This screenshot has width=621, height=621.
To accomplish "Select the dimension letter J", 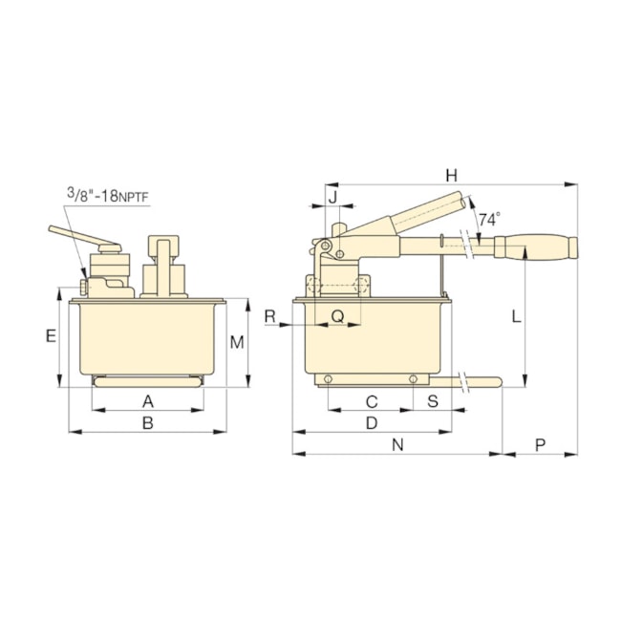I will (x=332, y=197).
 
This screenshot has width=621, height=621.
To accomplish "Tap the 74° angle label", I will (x=488, y=219).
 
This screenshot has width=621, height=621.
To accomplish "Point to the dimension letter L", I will (x=516, y=316).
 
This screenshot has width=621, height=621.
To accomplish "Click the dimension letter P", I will (x=540, y=444).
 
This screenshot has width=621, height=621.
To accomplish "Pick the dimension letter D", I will (x=372, y=421).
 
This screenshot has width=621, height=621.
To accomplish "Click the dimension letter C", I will (x=372, y=400).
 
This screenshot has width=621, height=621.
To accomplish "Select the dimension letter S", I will (x=432, y=400).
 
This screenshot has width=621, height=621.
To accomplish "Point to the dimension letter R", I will (x=269, y=316).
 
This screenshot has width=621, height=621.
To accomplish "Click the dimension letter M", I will (x=238, y=342).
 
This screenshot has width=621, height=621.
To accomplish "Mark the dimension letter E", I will (x=52, y=335).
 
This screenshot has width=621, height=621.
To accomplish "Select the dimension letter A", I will (x=148, y=400).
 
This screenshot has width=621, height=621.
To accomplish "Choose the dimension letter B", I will (x=148, y=422).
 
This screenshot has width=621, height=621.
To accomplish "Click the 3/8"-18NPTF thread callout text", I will (x=108, y=197).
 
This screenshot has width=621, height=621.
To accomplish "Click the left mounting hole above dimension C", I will (x=329, y=380).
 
